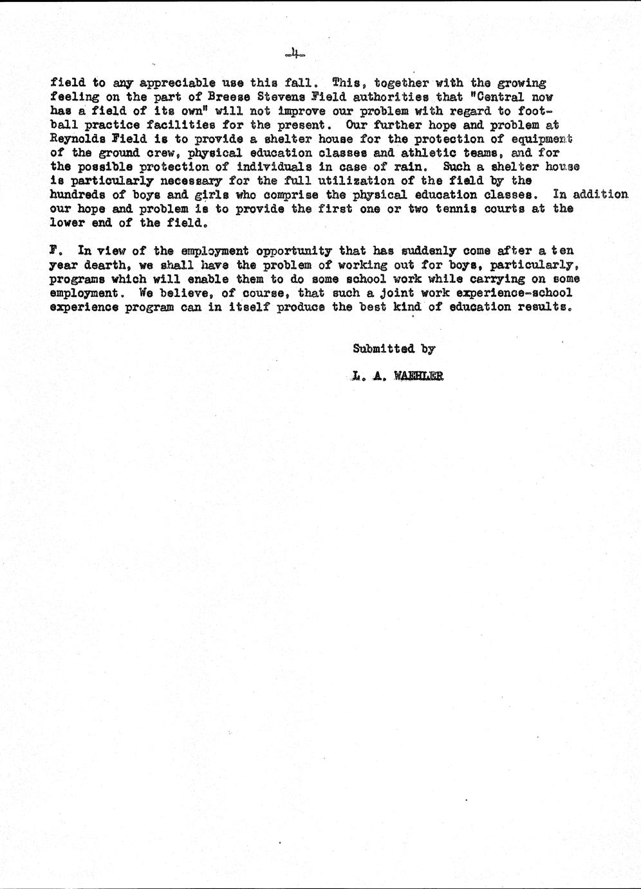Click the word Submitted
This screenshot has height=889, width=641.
[x=383, y=349]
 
